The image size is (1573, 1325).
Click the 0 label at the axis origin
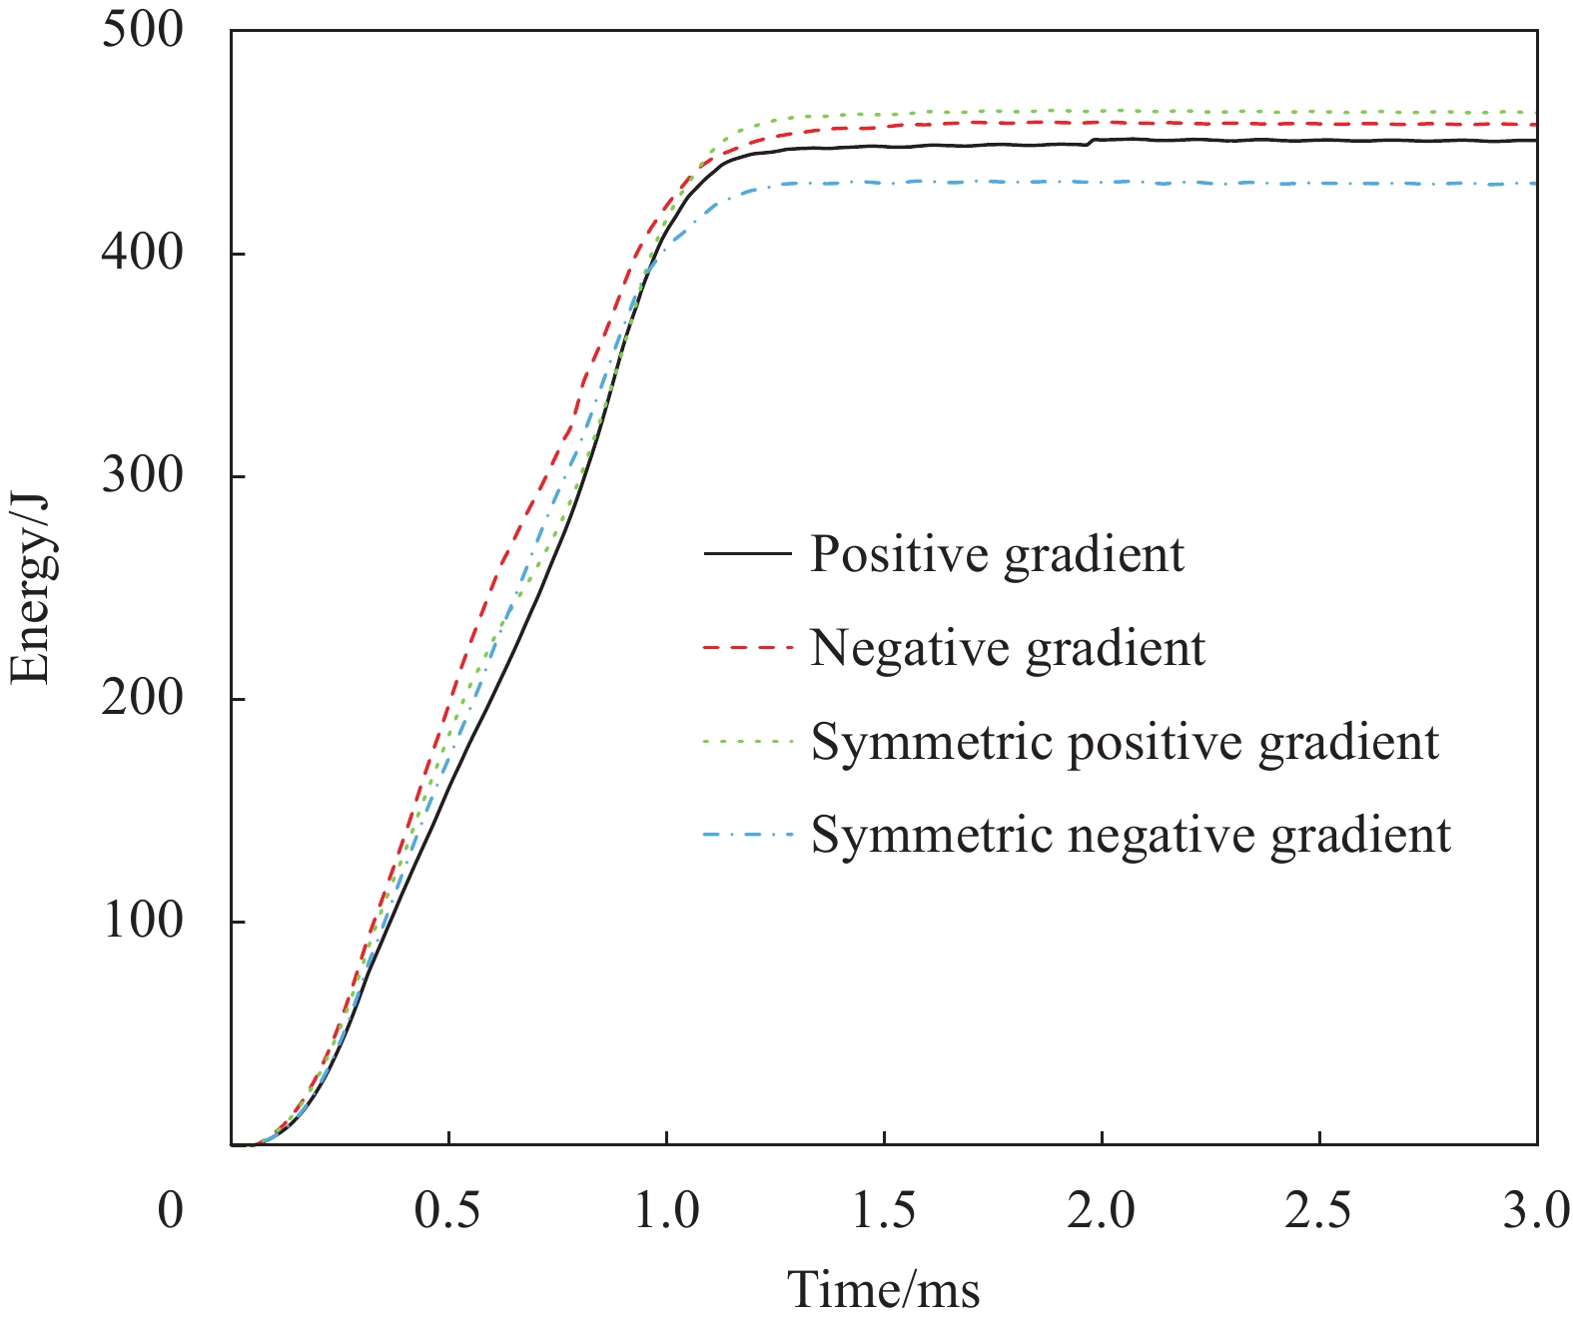(171, 1211)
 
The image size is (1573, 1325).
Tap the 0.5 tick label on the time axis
(448, 1211)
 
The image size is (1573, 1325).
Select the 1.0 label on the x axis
(666, 1211)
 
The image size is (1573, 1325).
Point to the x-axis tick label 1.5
(884, 1211)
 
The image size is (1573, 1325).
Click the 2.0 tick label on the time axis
(1102, 1211)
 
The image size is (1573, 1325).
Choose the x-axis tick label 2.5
(1319, 1211)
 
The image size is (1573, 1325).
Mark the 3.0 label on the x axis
(1536, 1211)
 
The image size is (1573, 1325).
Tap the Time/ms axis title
(884, 1289)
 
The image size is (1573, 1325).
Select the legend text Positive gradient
(997, 554)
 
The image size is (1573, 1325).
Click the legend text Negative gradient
(1008, 648)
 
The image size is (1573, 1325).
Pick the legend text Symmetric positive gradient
(1125, 742)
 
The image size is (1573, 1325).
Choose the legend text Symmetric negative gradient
(1131, 835)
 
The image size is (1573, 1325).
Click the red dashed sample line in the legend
(748, 648)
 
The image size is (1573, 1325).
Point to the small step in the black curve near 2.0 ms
(1090, 142)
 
